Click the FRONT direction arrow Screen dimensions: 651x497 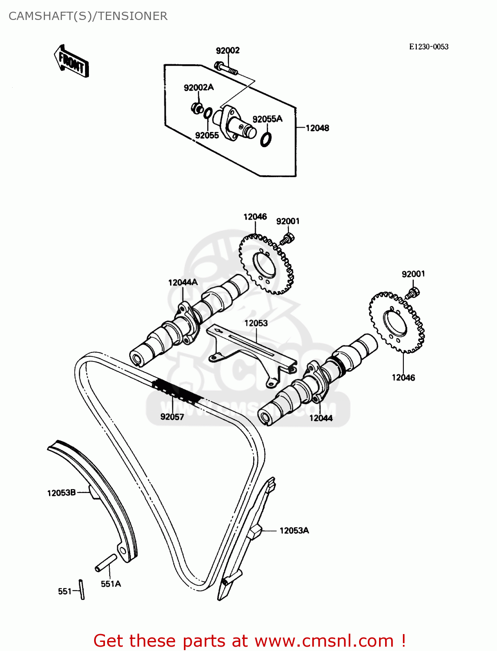(71, 62)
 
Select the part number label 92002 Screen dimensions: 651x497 (228, 50)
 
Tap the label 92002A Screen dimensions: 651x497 (199, 88)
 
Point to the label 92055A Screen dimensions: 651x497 (267, 119)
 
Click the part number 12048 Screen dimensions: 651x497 (317, 128)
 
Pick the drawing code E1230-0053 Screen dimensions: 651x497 (428, 47)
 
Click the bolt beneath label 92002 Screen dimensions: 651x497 (226, 68)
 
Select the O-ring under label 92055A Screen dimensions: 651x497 (266, 140)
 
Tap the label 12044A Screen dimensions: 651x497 (183, 283)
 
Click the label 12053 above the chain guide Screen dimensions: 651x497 (256, 323)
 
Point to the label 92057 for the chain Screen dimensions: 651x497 (172, 417)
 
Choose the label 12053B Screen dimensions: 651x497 (62, 493)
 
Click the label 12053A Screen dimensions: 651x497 (294, 531)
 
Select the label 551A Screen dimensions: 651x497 (111, 584)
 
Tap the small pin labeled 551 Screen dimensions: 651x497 (82, 590)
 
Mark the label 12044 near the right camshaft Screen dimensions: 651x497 (321, 418)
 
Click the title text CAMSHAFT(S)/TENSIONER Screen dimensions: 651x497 (88, 16)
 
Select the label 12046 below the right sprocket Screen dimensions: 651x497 (403, 378)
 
